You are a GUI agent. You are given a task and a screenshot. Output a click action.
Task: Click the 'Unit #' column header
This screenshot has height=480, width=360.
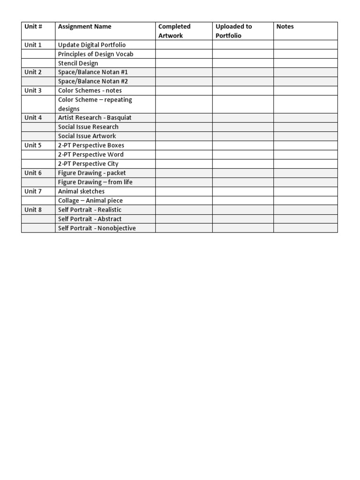(33, 27)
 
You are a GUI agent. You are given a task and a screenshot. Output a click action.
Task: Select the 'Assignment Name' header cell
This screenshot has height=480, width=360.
(85, 27)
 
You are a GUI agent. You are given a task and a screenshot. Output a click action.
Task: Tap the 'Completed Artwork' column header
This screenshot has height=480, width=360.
(174, 31)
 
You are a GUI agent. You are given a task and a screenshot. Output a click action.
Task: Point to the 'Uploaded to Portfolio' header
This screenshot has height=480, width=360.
(233, 31)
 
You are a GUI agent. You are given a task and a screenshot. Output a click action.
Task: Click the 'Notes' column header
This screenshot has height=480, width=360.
(285, 27)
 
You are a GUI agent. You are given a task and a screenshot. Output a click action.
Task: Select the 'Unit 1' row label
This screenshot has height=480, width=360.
(33, 45)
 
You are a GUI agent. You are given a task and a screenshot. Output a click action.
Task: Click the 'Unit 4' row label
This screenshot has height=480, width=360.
(33, 118)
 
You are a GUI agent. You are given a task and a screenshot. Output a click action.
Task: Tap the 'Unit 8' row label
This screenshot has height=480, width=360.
(33, 210)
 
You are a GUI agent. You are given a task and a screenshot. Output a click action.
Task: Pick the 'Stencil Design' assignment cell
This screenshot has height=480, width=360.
(78, 63)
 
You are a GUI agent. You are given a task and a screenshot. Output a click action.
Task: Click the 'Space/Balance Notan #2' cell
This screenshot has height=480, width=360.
(93, 82)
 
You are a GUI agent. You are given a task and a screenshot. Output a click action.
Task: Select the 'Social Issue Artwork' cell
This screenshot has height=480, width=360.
(87, 136)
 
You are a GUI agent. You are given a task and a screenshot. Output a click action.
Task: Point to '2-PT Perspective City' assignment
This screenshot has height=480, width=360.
(88, 164)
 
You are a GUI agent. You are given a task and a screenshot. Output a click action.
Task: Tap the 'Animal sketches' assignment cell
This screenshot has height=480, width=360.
(82, 191)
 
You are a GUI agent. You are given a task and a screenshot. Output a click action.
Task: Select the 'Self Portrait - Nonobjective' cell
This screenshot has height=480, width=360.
(97, 228)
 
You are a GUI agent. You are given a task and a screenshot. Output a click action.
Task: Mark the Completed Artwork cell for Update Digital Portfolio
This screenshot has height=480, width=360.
(184, 45)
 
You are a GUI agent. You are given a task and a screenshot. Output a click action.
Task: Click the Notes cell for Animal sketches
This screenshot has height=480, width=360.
(305, 191)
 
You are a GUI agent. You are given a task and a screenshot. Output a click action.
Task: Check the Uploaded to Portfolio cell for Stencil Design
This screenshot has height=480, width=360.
(243, 63)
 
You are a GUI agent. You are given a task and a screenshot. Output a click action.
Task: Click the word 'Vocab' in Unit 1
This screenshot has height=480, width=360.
(124, 54)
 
